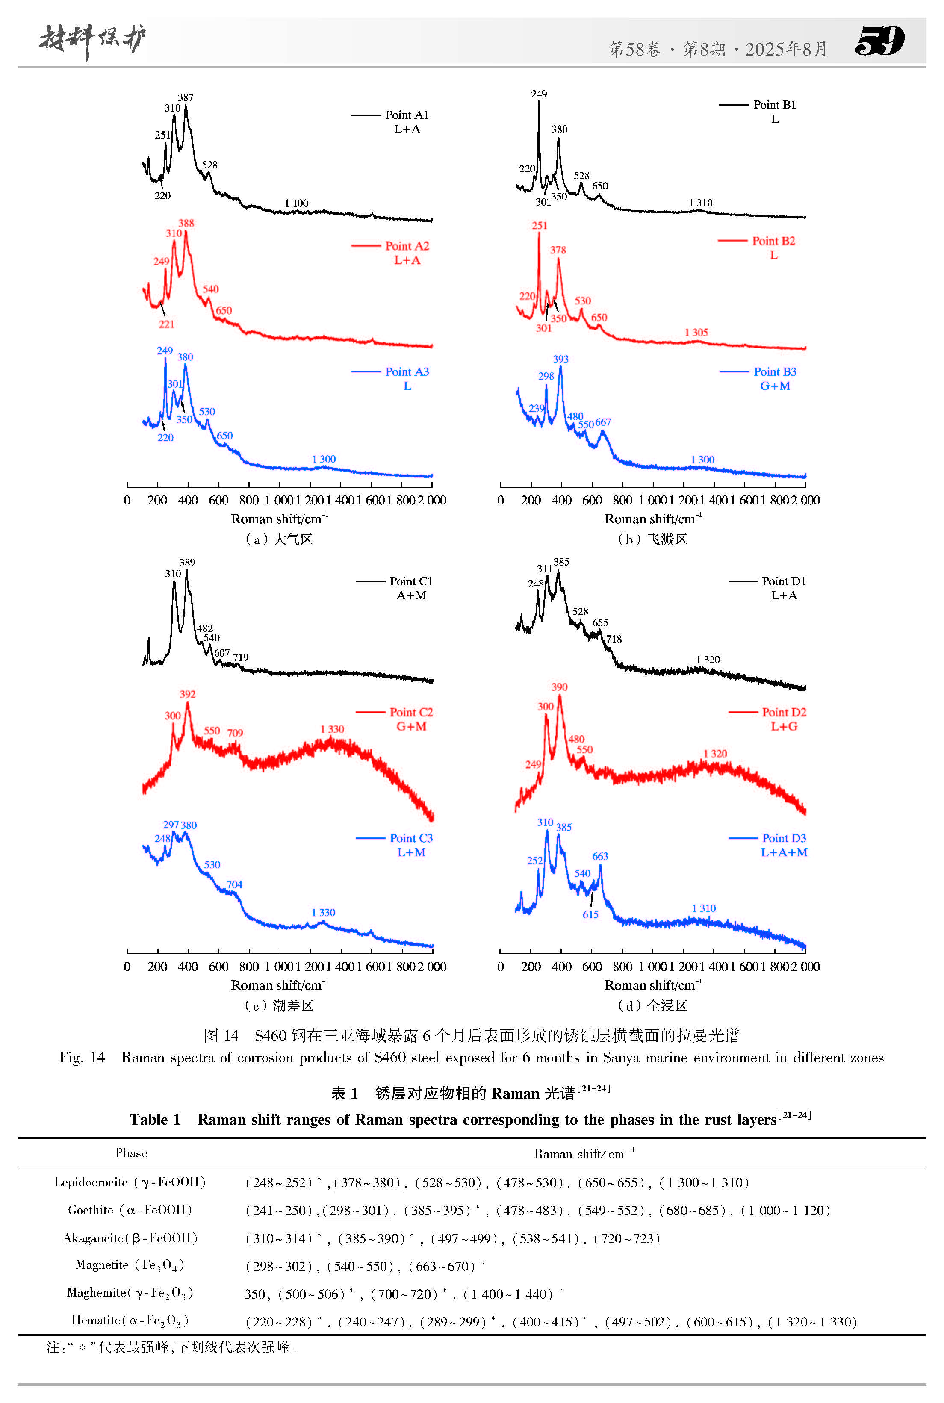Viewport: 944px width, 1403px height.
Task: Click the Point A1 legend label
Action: point(407,115)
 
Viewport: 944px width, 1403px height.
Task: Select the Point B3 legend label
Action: point(774,371)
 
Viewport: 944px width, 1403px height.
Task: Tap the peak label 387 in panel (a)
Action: point(186,97)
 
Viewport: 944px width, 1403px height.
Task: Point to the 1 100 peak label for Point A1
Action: point(296,203)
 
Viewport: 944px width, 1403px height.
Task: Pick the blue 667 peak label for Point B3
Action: point(603,422)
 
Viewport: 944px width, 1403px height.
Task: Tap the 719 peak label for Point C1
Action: point(241,657)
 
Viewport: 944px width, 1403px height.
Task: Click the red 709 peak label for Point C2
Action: point(235,733)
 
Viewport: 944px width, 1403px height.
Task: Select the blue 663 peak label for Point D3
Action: point(600,856)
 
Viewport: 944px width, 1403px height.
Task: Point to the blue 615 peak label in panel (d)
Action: point(590,914)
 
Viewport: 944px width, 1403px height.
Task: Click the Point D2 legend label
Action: point(783,712)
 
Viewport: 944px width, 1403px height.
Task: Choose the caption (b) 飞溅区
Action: point(652,539)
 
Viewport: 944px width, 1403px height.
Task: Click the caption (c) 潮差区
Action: point(279,1006)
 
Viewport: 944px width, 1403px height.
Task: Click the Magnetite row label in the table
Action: point(130,1264)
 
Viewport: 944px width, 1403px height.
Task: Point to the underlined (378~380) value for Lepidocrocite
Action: point(367,1183)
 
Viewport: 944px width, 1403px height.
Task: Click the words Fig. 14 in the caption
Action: point(82,1058)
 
